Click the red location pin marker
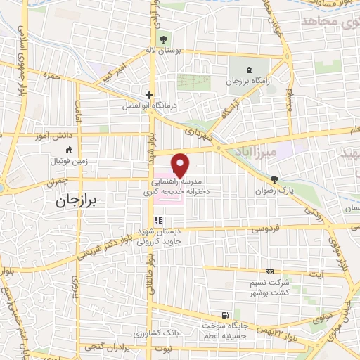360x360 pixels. [x=181, y=165]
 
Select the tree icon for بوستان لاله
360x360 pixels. [x=164, y=39]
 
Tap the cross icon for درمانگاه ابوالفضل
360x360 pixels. [x=149, y=94]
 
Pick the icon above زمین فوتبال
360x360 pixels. [x=69, y=150]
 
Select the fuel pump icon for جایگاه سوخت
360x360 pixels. [x=224, y=316]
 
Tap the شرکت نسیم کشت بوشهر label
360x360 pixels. [x=269, y=288]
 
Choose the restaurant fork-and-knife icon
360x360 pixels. [x=157, y=219]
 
